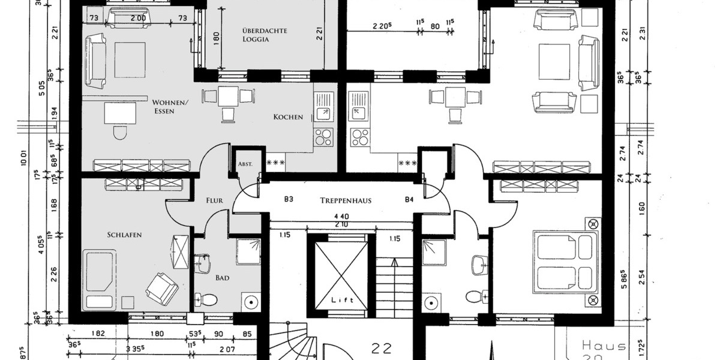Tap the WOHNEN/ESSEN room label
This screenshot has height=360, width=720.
(170, 106)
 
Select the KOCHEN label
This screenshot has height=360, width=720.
(288, 117)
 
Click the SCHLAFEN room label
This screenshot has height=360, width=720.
(125, 235)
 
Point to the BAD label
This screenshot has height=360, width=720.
(223, 278)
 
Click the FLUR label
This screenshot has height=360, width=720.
(214, 201)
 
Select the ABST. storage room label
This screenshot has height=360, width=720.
(245, 164)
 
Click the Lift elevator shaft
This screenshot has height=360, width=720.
(338, 276)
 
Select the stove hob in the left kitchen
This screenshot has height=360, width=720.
(323, 137)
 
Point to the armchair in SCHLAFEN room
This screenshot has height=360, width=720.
(162, 289)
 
